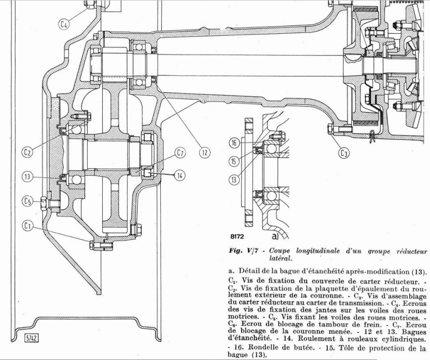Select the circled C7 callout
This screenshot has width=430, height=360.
tap(180, 153)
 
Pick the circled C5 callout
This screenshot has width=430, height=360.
tap(28, 201)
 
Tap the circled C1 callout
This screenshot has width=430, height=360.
tap(28, 226)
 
